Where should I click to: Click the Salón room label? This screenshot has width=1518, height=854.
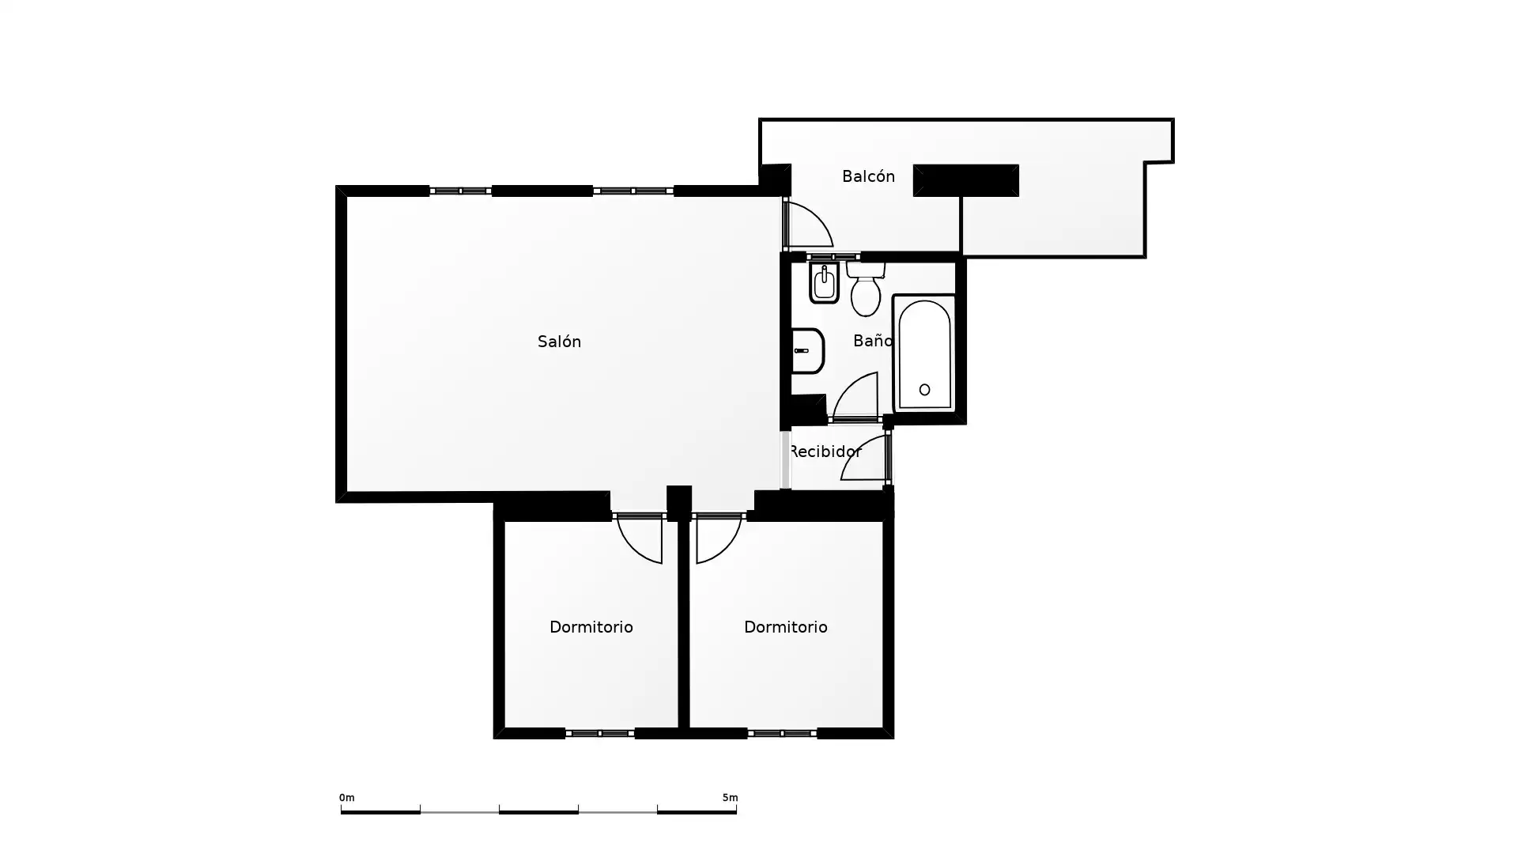(x=559, y=342)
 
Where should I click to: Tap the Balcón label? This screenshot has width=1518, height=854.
(x=868, y=176)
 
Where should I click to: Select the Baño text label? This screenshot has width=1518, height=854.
(x=873, y=341)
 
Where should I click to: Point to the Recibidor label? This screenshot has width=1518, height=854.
(x=825, y=452)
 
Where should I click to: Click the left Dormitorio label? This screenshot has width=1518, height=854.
(x=591, y=627)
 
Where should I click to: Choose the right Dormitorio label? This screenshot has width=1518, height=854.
(x=786, y=627)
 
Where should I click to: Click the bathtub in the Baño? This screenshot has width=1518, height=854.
(x=924, y=353)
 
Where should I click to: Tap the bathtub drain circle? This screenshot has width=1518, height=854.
(x=924, y=390)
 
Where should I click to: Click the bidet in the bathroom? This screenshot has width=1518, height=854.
(x=824, y=283)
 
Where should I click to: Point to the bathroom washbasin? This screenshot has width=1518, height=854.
(x=807, y=350)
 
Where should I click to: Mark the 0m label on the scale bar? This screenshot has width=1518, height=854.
(x=347, y=798)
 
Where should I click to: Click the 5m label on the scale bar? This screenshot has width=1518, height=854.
(x=730, y=798)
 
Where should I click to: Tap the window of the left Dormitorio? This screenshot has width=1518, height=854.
(x=600, y=734)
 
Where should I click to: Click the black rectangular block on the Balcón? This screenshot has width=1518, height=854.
(x=966, y=180)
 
